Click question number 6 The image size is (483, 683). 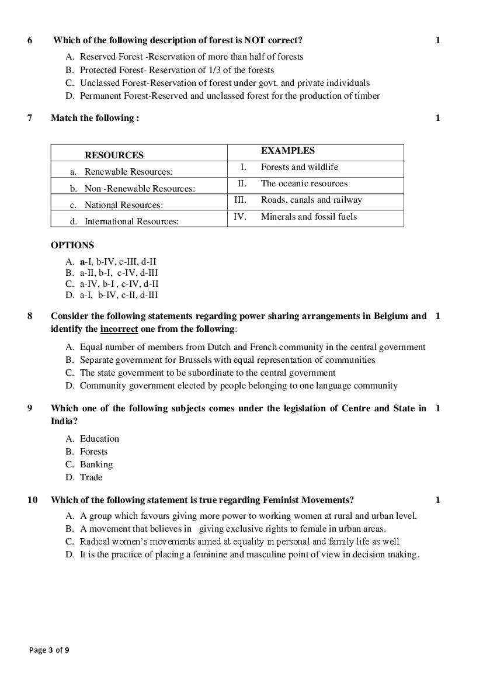click(x=30, y=40)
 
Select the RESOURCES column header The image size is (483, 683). click(x=114, y=155)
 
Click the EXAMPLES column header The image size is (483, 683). click(x=287, y=151)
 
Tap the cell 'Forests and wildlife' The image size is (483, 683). click(x=299, y=167)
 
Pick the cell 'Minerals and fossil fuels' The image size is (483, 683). click(x=308, y=217)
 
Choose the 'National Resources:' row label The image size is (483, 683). click(x=123, y=205)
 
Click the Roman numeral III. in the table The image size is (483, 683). click(x=240, y=200)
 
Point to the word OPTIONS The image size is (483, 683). click(x=72, y=245)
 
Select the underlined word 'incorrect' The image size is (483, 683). click(x=119, y=329)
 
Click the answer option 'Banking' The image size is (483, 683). click(x=96, y=464)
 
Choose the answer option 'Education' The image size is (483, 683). click(x=99, y=439)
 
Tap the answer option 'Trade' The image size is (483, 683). click(x=91, y=477)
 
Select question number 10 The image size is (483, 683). click(x=32, y=500)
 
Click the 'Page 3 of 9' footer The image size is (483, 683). click(x=49, y=650)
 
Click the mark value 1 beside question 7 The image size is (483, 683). click(x=438, y=118)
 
